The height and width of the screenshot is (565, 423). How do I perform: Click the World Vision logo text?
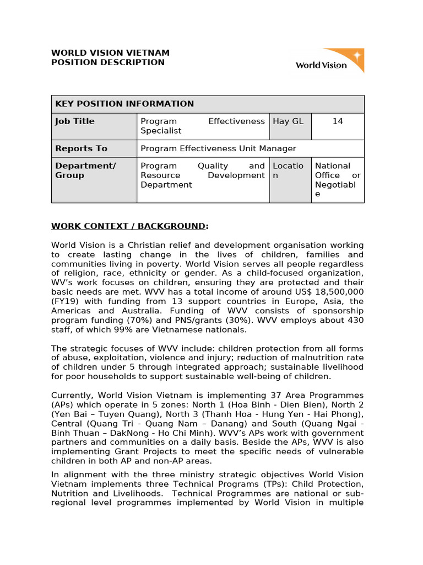tap(321, 65)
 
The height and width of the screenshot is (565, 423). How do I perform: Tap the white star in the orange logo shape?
tap(357, 56)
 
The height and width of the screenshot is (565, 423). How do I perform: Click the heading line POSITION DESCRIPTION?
tap(107, 62)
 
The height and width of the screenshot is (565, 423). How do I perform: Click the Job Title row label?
tap(75, 121)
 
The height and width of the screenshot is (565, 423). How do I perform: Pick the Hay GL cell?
tap(288, 121)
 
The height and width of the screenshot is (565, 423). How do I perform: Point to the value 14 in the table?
tap(338, 121)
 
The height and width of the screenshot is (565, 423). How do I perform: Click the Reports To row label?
tap(81, 148)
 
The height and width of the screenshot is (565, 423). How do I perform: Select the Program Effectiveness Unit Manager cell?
tap(218, 148)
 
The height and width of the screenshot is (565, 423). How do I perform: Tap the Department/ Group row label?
tap(85, 170)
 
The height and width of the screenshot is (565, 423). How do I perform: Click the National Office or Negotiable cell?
tap(337, 180)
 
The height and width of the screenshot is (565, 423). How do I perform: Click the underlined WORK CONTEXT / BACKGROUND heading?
tap(129, 226)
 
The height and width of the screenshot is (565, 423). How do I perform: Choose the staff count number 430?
tap(355, 320)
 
